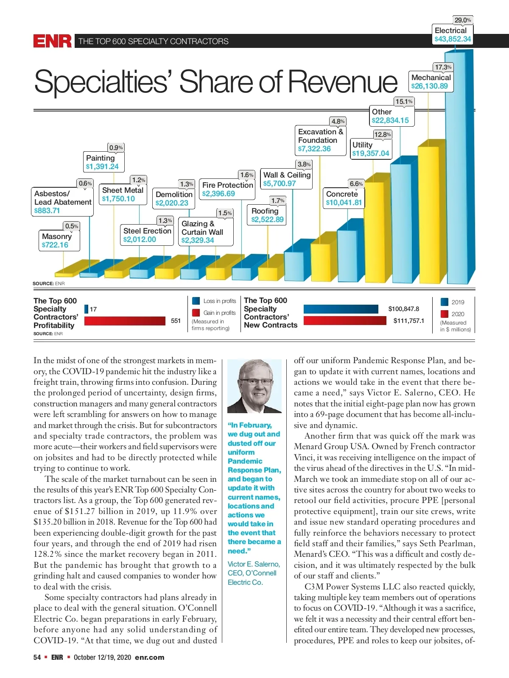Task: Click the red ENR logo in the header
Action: click(x=53, y=41)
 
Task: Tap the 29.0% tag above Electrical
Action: click(x=462, y=20)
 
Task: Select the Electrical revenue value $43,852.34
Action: click(x=453, y=39)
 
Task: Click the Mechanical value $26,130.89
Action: click(x=429, y=86)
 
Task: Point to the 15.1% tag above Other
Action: click(x=404, y=102)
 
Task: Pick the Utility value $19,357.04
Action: click(x=370, y=153)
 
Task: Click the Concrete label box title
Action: click(x=342, y=194)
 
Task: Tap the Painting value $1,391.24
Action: click(x=102, y=167)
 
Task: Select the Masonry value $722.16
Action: click(x=55, y=245)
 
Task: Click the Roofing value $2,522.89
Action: click(x=267, y=220)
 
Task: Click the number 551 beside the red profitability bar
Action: click(x=176, y=321)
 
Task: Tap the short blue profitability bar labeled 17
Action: click(x=87, y=309)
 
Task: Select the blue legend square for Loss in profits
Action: click(x=196, y=301)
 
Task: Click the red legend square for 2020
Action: click(x=445, y=314)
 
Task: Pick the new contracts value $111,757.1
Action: click(x=408, y=321)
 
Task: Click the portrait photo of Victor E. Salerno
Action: click(x=255, y=386)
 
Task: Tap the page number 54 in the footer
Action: click(x=37, y=657)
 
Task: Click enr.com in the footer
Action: click(x=149, y=657)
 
